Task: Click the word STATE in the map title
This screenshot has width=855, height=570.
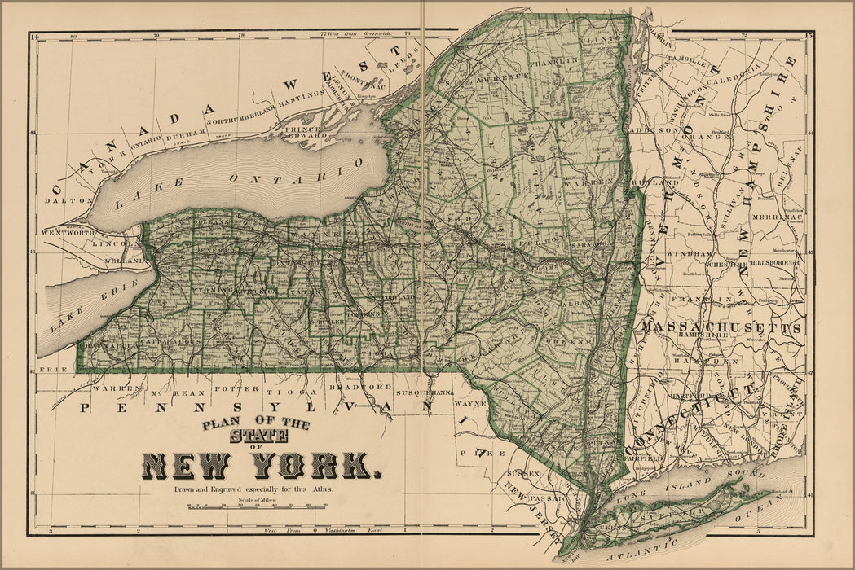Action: pyautogui.click(x=258, y=437)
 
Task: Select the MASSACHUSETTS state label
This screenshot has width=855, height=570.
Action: pyautogui.click(x=721, y=327)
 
